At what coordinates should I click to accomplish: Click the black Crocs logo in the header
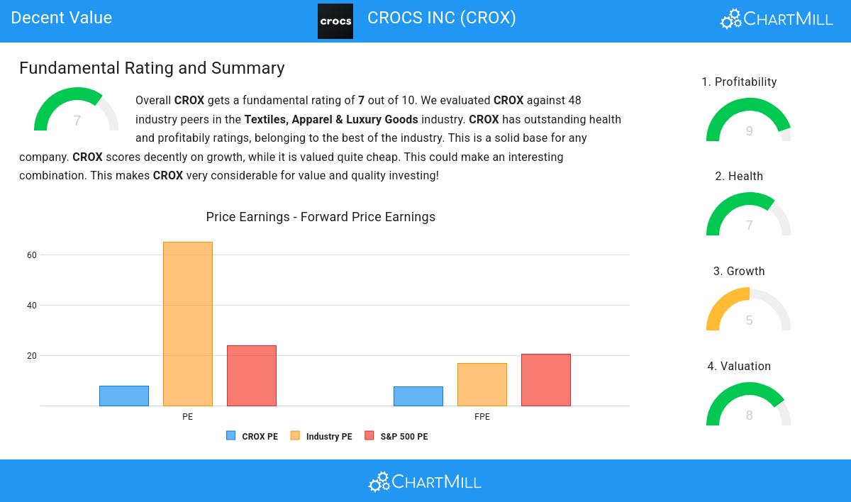335,21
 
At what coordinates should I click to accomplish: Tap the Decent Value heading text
62,18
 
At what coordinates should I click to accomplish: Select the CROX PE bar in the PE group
124,396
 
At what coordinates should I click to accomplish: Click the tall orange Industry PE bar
188,324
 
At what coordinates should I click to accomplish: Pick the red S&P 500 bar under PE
252,376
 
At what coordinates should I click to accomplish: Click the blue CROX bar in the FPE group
418,396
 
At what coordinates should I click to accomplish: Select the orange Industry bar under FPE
482,384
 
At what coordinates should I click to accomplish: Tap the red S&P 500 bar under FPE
546,380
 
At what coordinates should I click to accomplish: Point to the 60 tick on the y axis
32,255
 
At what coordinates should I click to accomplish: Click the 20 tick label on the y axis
32,356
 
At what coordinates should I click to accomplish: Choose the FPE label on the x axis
482,417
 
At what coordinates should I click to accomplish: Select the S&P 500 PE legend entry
396,437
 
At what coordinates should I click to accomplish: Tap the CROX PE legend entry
252,437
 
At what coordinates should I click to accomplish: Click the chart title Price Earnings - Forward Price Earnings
321,217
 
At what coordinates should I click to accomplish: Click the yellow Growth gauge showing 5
749,310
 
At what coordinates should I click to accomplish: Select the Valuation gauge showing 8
749,405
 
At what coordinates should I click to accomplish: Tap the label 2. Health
739,177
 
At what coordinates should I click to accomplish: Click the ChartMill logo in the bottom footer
425,482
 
